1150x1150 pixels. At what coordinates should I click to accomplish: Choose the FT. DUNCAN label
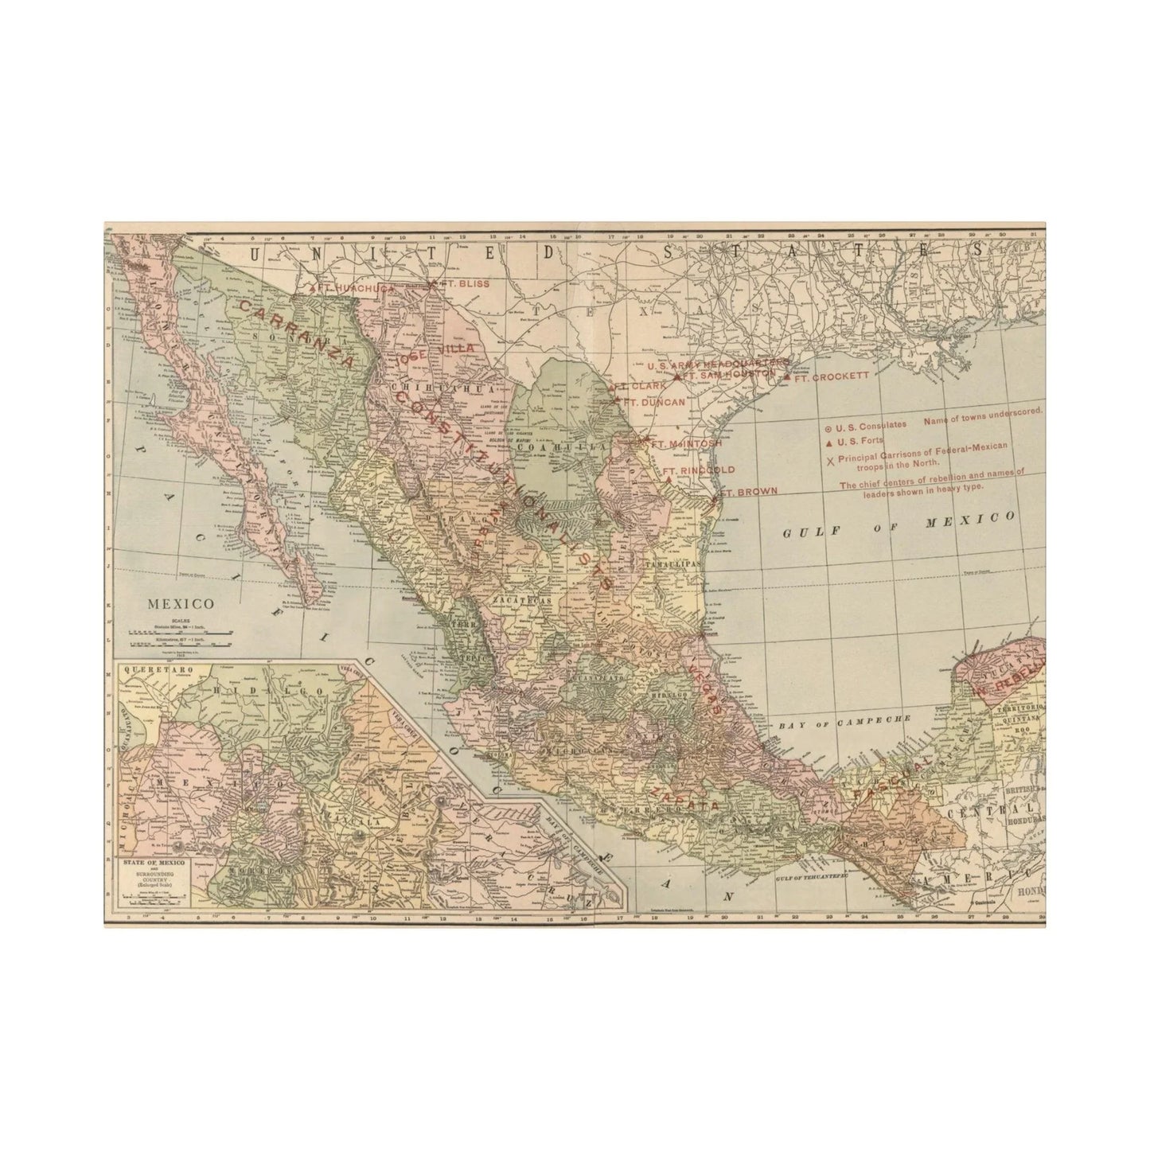655,402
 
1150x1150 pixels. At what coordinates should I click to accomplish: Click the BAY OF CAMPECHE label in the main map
844,720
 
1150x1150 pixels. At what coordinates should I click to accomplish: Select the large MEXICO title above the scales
181,604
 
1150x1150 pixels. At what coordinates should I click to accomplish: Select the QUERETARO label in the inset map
154,670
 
